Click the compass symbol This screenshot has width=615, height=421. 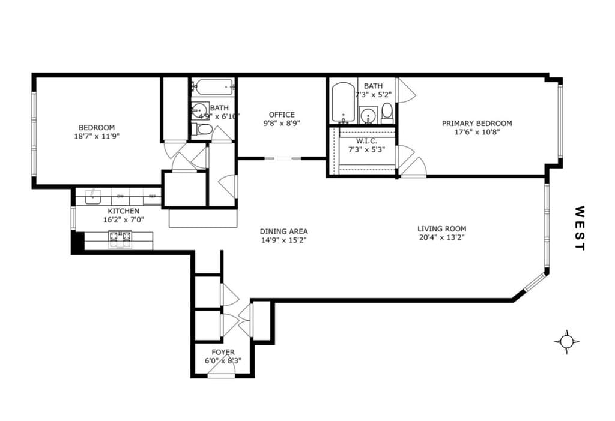(566, 342)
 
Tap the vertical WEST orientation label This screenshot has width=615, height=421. (579, 228)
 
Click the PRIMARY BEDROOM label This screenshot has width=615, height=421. (477, 123)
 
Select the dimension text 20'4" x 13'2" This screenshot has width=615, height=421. (441, 237)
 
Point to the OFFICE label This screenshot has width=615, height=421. (282, 115)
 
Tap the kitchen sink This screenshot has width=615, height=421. (93, 196)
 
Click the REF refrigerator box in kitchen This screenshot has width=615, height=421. (152, 196)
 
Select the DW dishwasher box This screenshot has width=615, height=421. (120, 196)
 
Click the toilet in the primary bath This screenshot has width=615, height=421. (387, 112)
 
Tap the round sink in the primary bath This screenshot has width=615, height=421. (369, 114)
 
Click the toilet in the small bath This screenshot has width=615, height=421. (204, 129)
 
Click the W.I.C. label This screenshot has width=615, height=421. (366, 141)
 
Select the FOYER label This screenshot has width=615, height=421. (223, 352)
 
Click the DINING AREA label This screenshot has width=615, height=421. (283, 231)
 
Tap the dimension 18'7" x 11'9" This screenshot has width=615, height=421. (97, 136)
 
